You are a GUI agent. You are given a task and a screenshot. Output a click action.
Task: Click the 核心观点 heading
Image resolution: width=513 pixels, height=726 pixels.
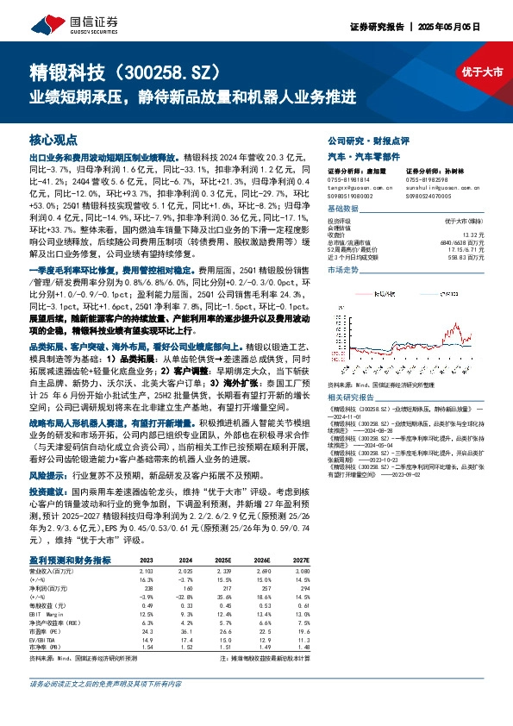[x=53, y=140]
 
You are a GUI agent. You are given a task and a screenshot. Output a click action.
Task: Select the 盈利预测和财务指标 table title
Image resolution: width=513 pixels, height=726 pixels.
[x=70, y=559]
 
